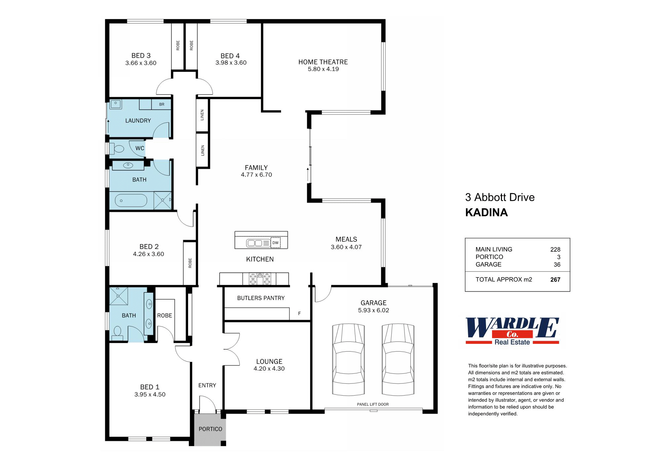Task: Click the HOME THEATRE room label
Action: (x=323, y=62)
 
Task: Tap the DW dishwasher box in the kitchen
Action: (x=275, y=243)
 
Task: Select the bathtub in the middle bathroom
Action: (x=131, y=200)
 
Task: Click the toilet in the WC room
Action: (x=117, y=148)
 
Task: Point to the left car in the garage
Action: (x=348, y=359)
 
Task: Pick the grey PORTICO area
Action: (x=210, y=429)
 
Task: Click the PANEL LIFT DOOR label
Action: (x=373, y=404)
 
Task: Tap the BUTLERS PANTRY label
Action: (x=261, y=298)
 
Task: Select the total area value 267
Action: (x=555, y=280)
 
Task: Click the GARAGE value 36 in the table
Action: (x=557, y=265)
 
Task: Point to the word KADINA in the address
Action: (x=486, y=212)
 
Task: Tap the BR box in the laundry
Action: (x=162, y=105)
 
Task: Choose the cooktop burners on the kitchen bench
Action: (x=260, y=278)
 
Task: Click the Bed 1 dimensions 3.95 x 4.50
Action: (x=150, y=394)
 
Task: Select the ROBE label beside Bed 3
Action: (x=178, y=45)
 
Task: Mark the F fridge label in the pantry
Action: (x=299, y=314)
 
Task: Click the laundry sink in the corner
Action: (x=115, y=104)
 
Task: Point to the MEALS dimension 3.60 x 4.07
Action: (x=346, y=247)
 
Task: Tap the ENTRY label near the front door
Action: (x=207, y=385)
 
